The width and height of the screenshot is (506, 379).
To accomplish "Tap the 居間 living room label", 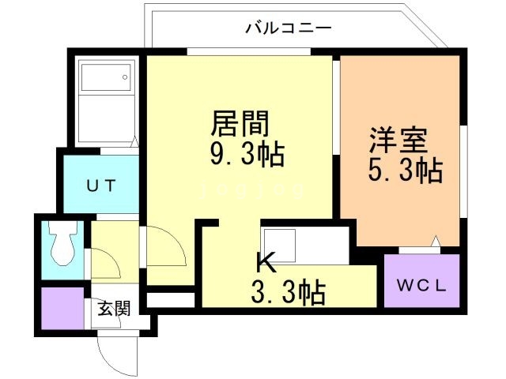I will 240,124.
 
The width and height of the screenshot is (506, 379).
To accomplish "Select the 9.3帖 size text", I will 246,153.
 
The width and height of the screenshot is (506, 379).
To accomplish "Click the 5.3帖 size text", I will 404,170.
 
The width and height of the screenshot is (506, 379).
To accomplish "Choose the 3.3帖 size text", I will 289,293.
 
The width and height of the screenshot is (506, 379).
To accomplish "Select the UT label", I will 101,186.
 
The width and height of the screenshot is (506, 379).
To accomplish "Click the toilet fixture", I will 61,245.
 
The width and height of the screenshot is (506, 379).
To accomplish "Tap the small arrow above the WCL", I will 433,241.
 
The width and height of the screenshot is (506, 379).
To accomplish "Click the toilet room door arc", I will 106,265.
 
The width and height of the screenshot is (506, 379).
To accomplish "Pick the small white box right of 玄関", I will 171,300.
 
